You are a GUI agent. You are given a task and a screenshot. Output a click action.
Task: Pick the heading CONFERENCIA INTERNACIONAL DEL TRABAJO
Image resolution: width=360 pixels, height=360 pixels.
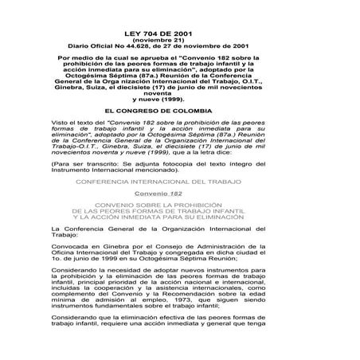point(180,182)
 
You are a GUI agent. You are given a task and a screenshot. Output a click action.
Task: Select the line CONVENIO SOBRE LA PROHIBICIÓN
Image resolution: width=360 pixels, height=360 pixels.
point(180,205)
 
